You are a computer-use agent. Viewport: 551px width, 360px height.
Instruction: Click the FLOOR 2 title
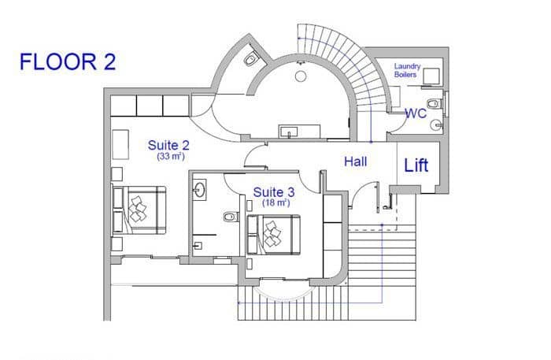pos(68,62)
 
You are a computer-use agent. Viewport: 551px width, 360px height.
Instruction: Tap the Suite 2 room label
pos(168,145)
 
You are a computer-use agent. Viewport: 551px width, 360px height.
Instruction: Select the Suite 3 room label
pos(273,191)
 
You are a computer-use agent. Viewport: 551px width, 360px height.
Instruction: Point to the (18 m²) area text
pos(274,202)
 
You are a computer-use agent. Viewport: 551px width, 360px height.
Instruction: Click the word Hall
pos(358,161)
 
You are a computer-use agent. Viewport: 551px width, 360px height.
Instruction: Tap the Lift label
pos(416,165)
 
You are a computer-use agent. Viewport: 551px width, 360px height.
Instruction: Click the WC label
pos(416,113)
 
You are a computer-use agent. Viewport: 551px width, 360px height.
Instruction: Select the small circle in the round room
pos(300,76)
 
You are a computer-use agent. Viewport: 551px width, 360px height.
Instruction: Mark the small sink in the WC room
pos(437,125)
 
